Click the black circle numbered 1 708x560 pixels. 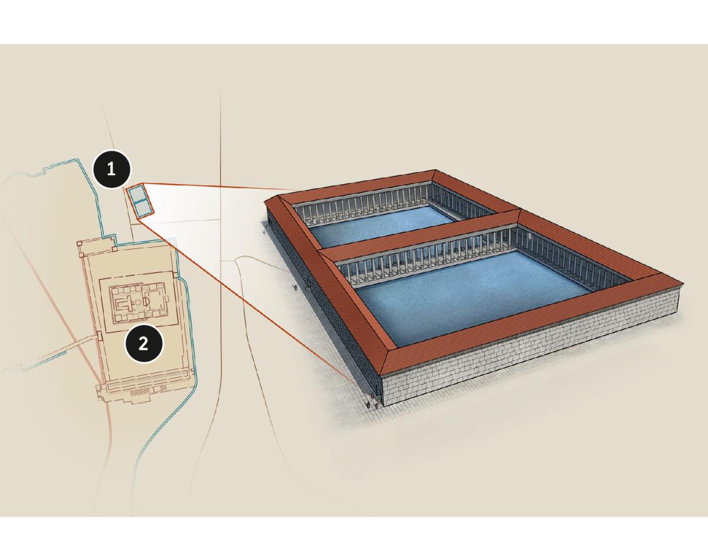pyautogui.click(x=112, y=169)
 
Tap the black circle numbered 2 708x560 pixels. pyautogui.click(x=143, y=344)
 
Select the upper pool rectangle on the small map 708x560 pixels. pyautogui.click(x=135, y=194)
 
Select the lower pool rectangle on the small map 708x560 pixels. pyautogui.click(x=143, y=208)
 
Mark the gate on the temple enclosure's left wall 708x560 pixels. pyautogui.click(x=99, y=336)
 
